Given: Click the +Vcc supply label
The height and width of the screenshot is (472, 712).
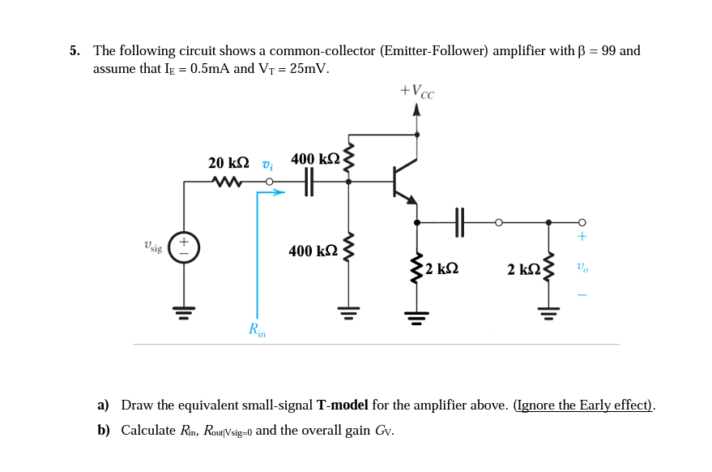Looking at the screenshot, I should pyautogui.click(x=417, y=91).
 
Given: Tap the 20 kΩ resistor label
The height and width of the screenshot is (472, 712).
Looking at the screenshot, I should pyautogui.click(x=228, y=162).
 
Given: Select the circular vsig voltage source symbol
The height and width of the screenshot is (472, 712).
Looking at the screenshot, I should pyautogui.click(x=184, y=247).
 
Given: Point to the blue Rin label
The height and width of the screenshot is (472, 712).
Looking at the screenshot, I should pyautogui.click(x=257, y=328).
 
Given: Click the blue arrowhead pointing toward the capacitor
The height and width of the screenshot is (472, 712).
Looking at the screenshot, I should pyautogui.click(x=279, y=192).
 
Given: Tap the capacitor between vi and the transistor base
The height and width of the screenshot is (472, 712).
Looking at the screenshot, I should pyautogui.click(x=309, y=182).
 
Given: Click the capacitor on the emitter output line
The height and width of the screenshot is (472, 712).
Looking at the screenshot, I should pyautogui.click(x=459, y=222).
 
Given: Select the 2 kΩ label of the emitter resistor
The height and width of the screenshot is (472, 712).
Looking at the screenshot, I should pyautogui.click(x=441, y=268).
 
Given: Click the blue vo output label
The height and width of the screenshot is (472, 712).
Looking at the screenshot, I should pyautogui.click(x=582, y=267).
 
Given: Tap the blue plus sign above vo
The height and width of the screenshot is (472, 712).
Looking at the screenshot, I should pyautogui.click(x=582, y=237).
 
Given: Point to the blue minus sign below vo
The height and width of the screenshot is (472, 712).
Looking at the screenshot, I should pyautogui.click(x=582, y=294).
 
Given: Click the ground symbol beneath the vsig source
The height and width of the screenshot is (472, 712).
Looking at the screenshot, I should pyautogui.click(x=184, y=311).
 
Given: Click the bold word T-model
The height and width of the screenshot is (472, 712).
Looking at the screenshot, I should pyautogui.click(x=342, y=405).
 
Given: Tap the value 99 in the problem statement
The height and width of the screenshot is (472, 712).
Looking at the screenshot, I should pyautogui.click(x=609, y=51).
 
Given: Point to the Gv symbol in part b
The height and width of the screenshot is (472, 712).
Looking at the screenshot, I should pyautogui.click(x=384, y=431).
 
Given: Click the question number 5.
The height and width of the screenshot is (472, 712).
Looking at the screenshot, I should pyautogui.click(x=74, y=51).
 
